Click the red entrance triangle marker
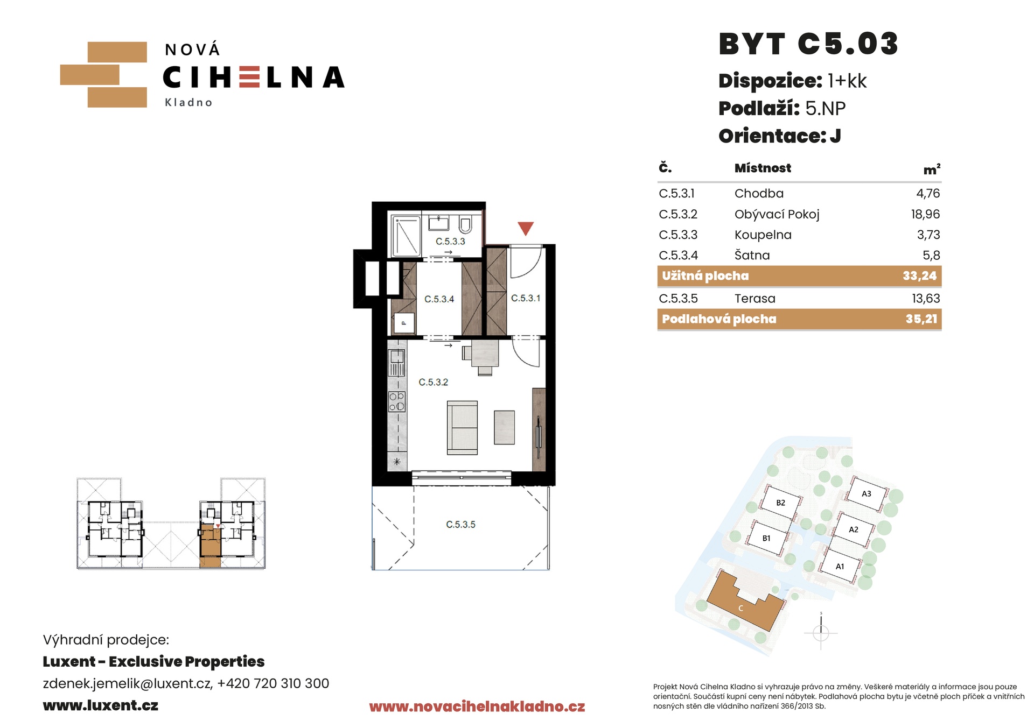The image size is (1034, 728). coord(526,228)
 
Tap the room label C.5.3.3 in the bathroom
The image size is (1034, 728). coord(450,242)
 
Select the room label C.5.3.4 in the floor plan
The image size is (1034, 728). coord(439,299)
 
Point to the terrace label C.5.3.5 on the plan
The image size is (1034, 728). coord(460,524)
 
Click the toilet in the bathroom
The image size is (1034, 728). coord(466,224)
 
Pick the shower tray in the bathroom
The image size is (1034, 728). coord(406,236)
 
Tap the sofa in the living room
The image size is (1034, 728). coord(462,428)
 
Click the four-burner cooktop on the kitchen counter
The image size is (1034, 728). coord(397,402)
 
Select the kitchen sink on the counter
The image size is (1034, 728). coord(397,362)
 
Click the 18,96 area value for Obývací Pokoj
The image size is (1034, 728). coord(925,214)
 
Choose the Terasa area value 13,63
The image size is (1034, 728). coord(926,299)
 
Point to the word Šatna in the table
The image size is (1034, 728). coord(752,255)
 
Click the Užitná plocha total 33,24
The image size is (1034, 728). coord(920,276)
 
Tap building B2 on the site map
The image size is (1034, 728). coord(780,503)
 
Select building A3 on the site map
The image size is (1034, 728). coord(866,493)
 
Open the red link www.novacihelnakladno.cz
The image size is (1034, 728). coord(477,706)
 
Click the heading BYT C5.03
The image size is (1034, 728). coord(808,44)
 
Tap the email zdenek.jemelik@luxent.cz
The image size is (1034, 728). coord(127,683)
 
